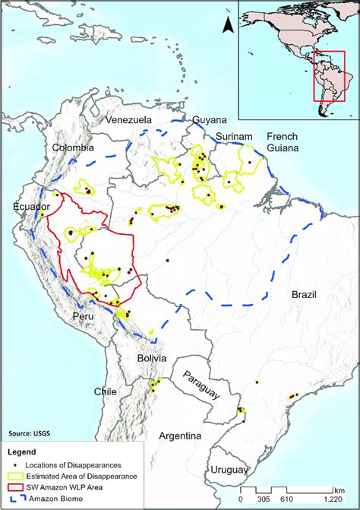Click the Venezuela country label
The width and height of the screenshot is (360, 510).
(x=129, y=121)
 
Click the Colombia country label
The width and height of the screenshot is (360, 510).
(x=73, y=150)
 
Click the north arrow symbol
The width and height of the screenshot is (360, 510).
(x=226, y=26)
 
